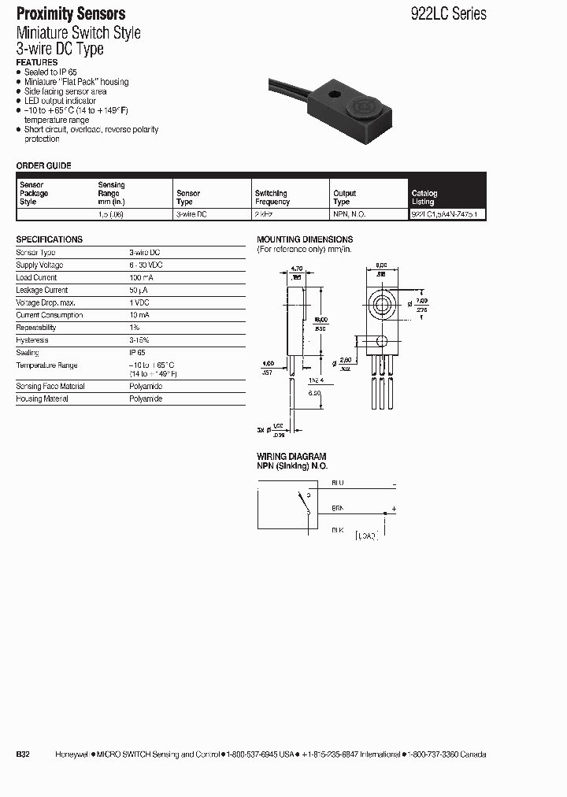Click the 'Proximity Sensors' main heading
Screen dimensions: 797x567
(x=71, y=13)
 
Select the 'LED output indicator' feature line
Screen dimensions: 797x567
(x=60, y=101)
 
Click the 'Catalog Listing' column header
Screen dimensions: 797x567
(x=424, y=197)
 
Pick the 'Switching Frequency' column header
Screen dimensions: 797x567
(x=272, y=197)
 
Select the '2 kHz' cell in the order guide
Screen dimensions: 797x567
(x=263, y=213)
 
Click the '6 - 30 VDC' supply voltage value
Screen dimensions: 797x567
(x=146, y=265)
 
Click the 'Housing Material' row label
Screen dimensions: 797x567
(x=42, y=398)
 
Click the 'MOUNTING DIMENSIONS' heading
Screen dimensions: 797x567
(x=305, y=239)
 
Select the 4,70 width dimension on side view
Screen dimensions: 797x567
(x=296, y=269)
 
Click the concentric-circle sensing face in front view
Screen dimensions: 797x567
(x=383, y=305)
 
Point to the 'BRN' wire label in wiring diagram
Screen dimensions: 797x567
(x=337, y=510)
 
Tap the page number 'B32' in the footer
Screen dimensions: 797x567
(x=23, y=754)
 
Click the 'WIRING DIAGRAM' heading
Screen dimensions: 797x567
(x=291, y=457)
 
